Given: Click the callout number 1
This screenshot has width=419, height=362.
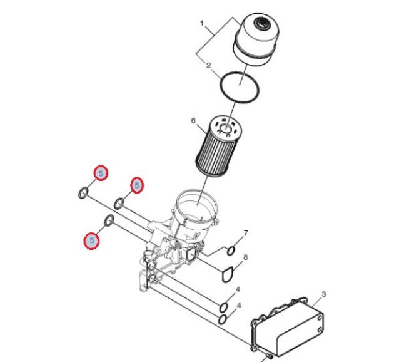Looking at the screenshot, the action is coord(202,23).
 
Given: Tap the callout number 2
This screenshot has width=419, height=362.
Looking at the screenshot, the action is coord(209,65).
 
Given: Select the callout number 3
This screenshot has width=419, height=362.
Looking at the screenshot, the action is coord(323,294).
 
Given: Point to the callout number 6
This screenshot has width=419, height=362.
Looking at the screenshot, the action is coord(193,121).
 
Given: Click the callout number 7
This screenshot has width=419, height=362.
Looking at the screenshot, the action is coord(246,234).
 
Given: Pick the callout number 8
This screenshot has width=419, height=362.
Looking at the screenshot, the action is coord(245,257).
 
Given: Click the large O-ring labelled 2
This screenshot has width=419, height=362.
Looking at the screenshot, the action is coord(240,86).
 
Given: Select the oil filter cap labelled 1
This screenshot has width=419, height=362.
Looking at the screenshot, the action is coord(256,39).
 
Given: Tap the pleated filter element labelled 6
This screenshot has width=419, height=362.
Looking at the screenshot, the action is coord(219,146).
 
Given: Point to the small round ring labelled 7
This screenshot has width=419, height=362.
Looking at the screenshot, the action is coord(231,251).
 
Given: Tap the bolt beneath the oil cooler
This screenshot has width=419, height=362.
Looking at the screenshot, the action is coord(268,356).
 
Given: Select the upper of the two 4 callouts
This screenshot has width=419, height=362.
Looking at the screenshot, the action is coord(238,289).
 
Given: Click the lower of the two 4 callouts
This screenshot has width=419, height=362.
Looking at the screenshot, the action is coord(239,305).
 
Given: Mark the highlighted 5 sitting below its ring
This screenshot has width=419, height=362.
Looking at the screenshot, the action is coord(92,240).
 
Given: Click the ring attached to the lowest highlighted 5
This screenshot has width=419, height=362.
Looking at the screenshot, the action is coord(109,220).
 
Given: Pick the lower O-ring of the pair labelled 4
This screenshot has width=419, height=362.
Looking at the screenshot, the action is coord(223,319).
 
